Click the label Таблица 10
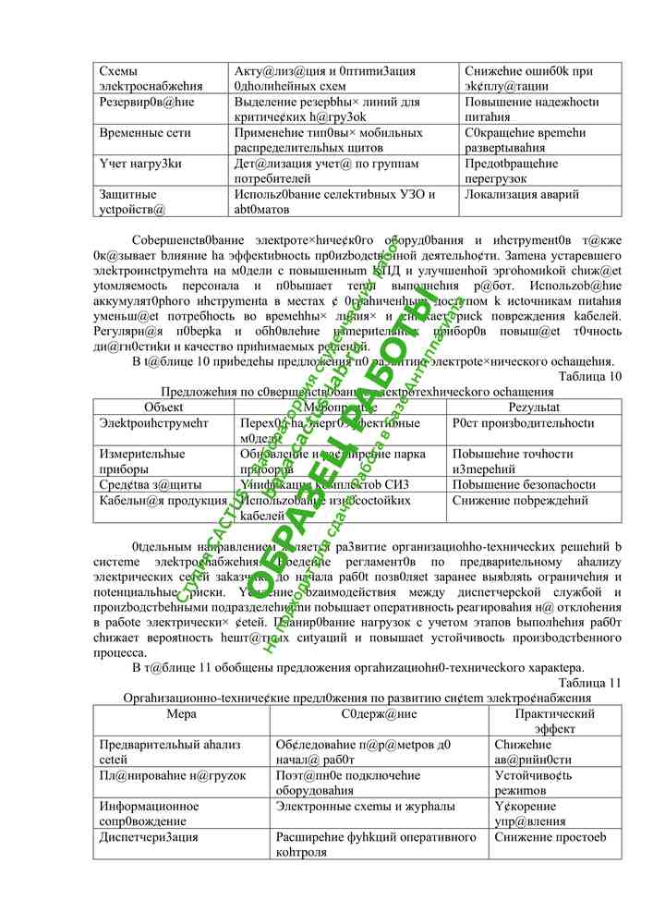[x=590, y=375]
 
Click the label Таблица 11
[x=590, y=683]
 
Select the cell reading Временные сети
[x=135, y=133]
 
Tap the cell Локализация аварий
[x=522, y=195]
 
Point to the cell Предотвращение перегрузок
[x=511, y=171]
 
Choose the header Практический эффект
[x=555, y=721]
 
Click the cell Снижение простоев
[x=550, y=837]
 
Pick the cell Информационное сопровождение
[x=149, y=813]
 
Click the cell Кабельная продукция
[x=148, y=501]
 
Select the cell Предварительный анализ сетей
[x=158, y=751]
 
